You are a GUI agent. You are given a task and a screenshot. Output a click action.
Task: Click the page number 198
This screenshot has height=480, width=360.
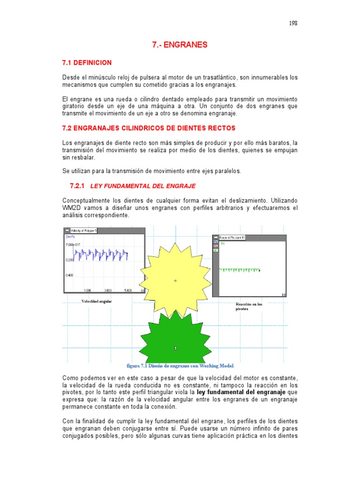[293, 23]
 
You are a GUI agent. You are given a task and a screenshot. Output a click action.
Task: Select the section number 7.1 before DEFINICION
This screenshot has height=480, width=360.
[69, 62]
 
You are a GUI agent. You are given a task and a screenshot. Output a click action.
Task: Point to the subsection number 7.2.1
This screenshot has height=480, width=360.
[76, 186]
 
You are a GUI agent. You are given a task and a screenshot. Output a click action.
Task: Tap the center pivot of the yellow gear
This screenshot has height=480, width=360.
[175, 281]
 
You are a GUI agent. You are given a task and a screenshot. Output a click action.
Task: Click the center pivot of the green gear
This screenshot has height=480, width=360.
[175, 348]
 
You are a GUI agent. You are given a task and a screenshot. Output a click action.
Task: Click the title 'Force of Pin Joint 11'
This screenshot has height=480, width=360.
[232, 238]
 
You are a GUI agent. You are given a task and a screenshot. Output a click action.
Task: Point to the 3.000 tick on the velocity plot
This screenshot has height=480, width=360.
[108, 290]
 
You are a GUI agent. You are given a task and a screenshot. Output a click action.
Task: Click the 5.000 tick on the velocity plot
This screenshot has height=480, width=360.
[128, 290]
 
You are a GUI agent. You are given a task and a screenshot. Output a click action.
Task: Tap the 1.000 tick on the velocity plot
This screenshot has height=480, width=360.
[87, 290]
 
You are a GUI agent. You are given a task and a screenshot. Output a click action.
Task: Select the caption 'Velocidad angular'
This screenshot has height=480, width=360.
[97, 301]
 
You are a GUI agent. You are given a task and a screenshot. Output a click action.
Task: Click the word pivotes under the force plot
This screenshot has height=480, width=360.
[242, 309]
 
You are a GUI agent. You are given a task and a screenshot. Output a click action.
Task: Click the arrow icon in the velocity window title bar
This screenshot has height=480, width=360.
[67, 231]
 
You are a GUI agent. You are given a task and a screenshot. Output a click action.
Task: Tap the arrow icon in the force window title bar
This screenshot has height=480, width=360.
[216, 238]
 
